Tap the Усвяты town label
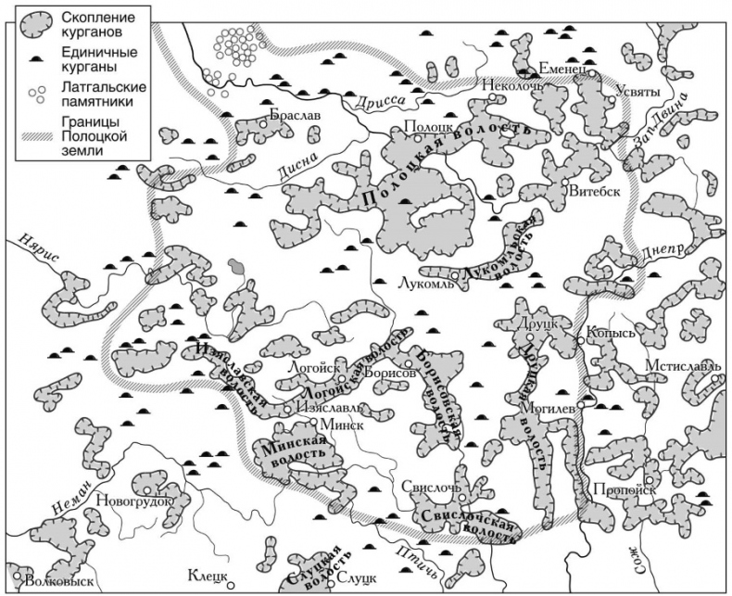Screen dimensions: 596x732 [x=637, y=92]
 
